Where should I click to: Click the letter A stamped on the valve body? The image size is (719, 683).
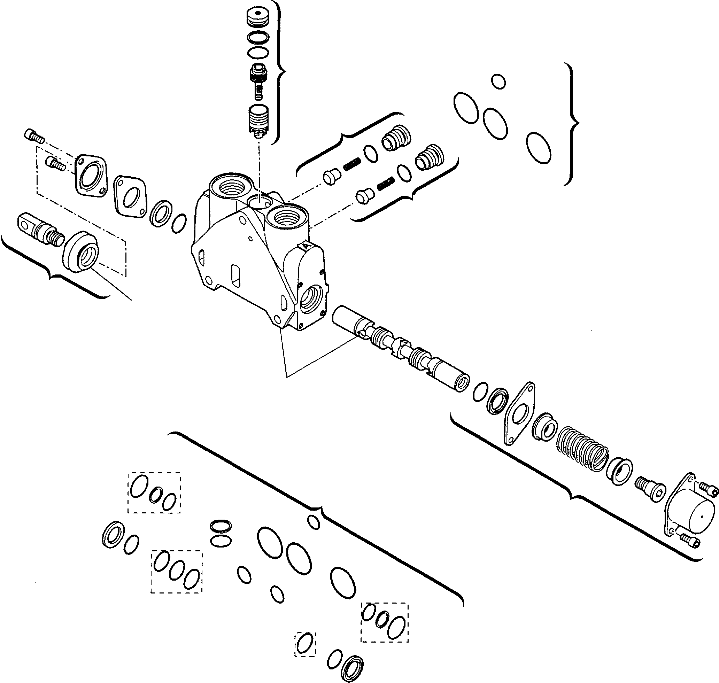307,246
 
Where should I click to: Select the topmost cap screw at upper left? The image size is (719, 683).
34,137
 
